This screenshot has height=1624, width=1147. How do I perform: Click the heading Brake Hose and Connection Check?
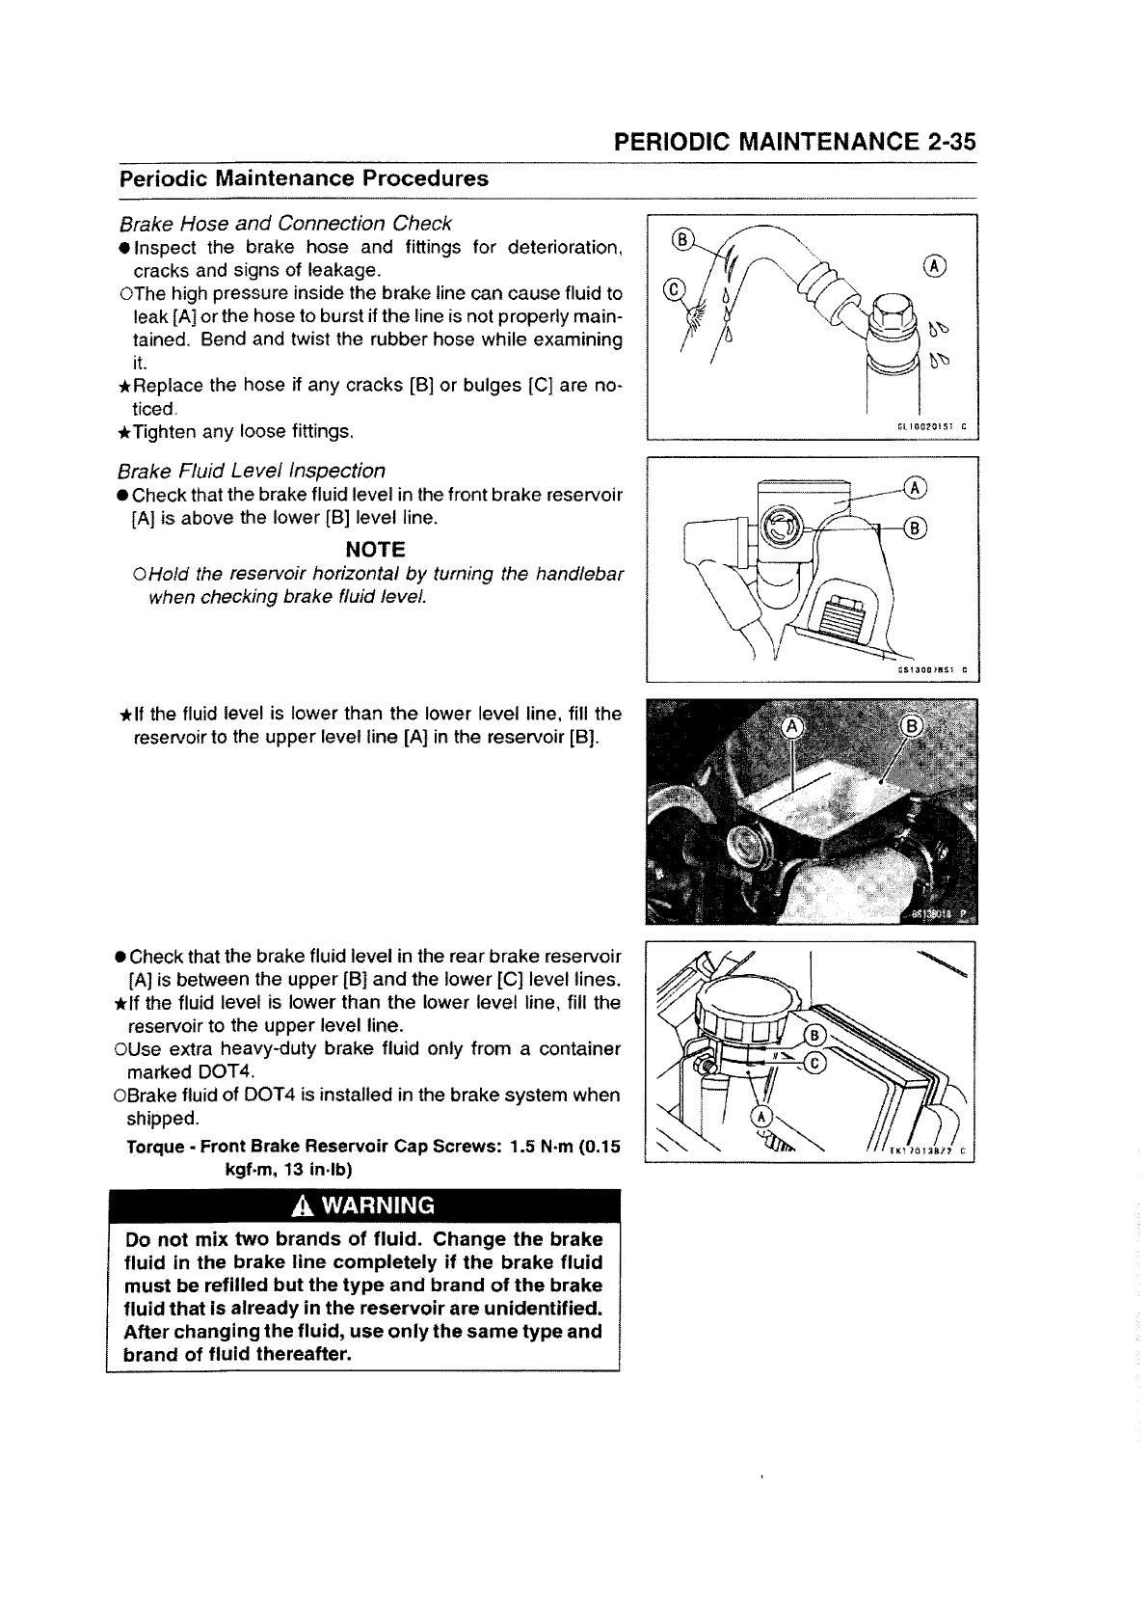285,224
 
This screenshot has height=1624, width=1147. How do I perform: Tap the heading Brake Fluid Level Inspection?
252,471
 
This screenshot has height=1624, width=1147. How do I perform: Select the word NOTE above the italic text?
375,549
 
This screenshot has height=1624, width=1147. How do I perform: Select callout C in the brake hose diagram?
676,290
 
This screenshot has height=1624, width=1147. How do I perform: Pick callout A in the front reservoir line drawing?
916,489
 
